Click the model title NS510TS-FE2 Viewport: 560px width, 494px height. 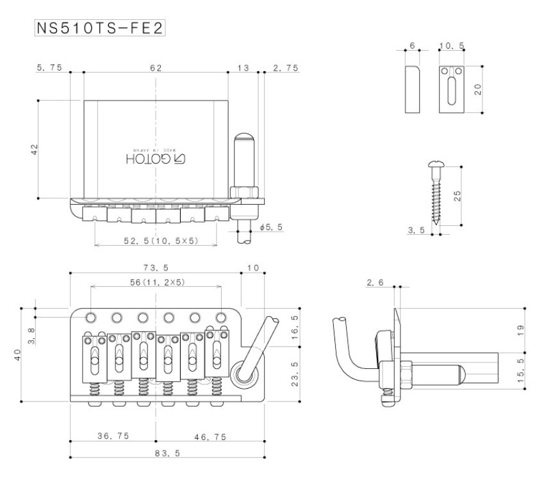(100, 28)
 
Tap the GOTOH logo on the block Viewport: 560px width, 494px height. (156, 159)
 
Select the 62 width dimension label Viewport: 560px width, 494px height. (156, 68)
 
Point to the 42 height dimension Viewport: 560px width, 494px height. (35, 149)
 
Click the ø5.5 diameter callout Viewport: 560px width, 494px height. (272, 227)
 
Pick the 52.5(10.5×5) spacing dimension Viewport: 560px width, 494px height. (161, 241)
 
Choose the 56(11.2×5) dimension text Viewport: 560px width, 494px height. (158, 282)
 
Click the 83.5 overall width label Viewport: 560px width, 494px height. (167, 453)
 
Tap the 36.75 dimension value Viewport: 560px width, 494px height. (113, 436)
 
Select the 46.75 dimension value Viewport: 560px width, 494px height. (210, 437)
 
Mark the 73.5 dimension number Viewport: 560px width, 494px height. (156, 268)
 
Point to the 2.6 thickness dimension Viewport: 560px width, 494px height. (375, 282)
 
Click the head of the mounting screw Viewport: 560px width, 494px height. (436, 164)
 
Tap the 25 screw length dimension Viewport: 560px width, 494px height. (457, 196)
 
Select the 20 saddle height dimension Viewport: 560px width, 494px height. (478, 89)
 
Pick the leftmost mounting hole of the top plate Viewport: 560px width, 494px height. (91, 318)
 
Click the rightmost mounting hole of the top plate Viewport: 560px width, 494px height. (222, 318)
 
